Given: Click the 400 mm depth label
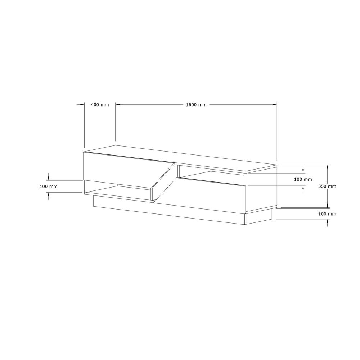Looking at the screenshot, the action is click(x=100, y=105).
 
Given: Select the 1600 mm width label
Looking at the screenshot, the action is click(x=196, y=105).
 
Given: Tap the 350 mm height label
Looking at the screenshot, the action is click(x=327, y=186).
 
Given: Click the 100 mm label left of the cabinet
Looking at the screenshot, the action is click(x=49, y=186).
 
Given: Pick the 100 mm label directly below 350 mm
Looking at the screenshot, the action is click(x=327, y=214).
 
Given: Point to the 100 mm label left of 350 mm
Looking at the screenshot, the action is click(x=303, y=179).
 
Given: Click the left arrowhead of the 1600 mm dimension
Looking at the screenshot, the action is click(x=118, y=105).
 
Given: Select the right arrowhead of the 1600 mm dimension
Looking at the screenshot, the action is click(x=275, y=105).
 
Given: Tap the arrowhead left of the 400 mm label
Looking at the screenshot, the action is click(x=82, y=105).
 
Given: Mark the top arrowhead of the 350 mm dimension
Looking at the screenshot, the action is click(x=328, y=167).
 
